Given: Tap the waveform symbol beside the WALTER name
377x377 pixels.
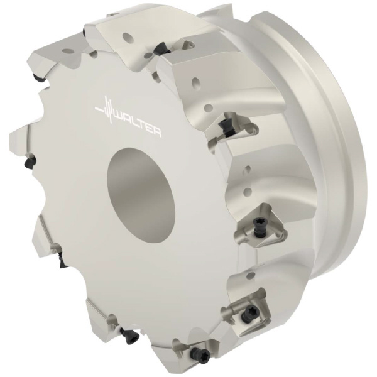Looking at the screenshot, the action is point(105,109).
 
